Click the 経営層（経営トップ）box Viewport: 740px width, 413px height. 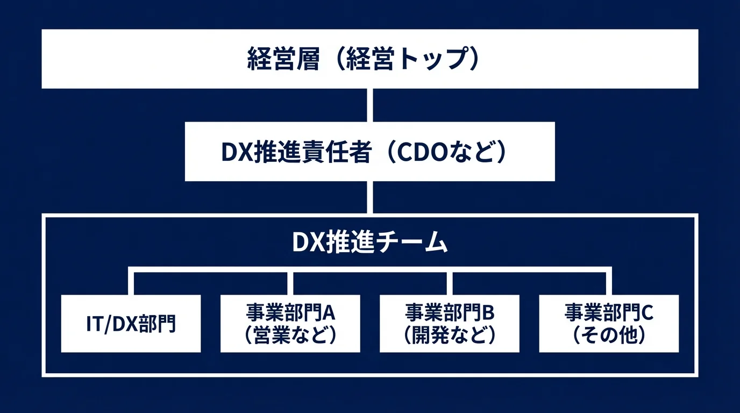tap(369, 59)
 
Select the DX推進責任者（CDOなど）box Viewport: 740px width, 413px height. tap(369, 152)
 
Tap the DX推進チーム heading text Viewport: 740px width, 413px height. tap(369, 243)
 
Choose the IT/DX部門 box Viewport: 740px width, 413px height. tap(131, 324)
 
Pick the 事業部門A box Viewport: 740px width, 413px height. tap(290, 324)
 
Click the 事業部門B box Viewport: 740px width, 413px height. tap(450, 324)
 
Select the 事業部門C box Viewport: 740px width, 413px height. tap(609, 324)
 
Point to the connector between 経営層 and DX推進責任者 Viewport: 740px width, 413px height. tap(369, 105)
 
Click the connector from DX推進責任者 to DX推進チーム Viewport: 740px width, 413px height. tap(369, 197)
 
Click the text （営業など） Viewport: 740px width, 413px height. tap(290, 336)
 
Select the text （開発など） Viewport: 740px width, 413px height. tap(450, 336)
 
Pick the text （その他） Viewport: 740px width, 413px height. tap(609, 336)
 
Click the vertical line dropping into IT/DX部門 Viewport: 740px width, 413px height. tap(131, 283)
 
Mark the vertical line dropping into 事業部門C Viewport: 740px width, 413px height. tap(609, 283)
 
